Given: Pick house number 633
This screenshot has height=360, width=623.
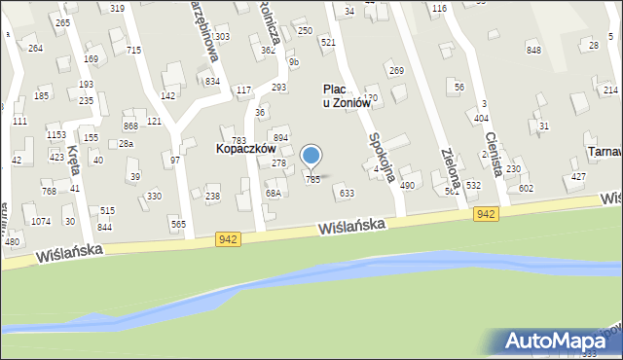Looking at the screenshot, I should click(x=346, y=194).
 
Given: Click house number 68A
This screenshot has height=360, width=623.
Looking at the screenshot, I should click(x=274, y=194).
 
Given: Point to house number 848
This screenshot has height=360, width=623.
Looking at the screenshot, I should click(x=533, y=50).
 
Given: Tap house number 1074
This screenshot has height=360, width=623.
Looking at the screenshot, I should click(x=41, y=221).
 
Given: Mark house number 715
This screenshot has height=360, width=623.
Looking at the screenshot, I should click(x=133, y=50).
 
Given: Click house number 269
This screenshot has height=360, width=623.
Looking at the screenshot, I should click(x=396, y=70).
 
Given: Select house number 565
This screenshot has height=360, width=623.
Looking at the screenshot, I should click(x=178, y=225).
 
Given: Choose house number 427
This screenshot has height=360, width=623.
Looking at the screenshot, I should click(x=578, y=176).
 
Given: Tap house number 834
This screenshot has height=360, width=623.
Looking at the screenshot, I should click(x=212, y=81).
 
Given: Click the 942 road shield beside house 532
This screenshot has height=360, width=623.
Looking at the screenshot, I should click(x=487, y=213).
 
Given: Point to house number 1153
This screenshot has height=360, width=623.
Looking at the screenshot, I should click(x=56, y=135).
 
